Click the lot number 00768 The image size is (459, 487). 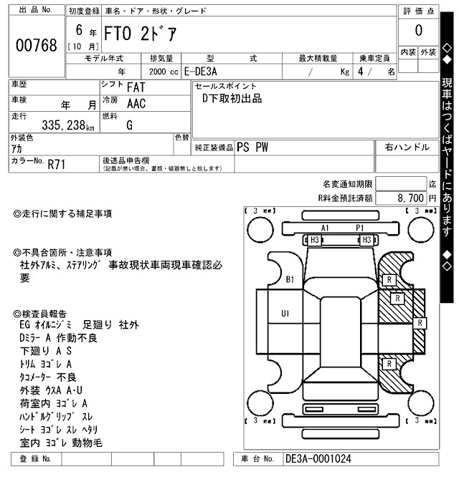(x=36, y=45)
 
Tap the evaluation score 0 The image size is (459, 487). (x=418, y=31)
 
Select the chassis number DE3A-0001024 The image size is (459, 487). (x=318, y=459)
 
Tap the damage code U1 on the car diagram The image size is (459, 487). (x=285, y=312)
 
